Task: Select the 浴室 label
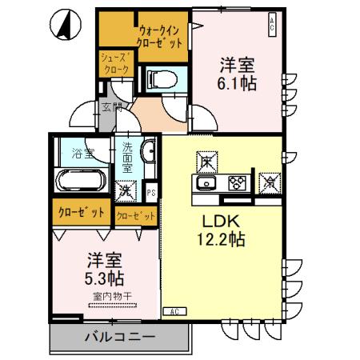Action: tap(79, 151)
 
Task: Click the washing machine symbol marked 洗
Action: tap(126, 191)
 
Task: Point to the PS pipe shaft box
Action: tap(152, 192)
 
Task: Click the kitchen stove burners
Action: tap(237, 183)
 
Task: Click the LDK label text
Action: tap(213, 220)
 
